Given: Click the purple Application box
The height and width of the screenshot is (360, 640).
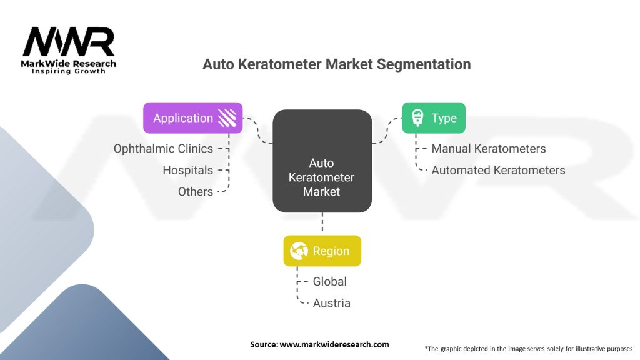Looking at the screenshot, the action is tap(192, 118).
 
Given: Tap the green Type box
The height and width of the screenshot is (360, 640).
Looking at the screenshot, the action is tap(434, 118).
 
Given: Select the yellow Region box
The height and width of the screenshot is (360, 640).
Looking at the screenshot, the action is tap(322, 251).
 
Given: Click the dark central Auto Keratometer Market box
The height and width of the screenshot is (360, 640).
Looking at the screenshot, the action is tap(322, 161).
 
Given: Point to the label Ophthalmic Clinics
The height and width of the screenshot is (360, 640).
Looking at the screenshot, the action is tap(163, 149).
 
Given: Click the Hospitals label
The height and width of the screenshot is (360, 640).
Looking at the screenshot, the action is tap(187, 170).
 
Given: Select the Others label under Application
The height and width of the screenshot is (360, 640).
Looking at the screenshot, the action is tap(196, 192).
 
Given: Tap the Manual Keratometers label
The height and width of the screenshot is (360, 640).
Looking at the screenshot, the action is tap(489, 149).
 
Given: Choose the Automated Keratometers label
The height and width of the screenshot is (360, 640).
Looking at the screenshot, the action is tap(498, 170).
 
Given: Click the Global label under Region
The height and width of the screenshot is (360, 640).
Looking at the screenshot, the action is tap(330, 282).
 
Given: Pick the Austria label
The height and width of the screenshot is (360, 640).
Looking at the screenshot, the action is tap(331, 303).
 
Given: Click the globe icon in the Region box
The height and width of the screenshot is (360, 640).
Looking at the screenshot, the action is tap(299, 251).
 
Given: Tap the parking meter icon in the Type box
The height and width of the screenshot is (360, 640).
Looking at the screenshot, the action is tap(417, 118).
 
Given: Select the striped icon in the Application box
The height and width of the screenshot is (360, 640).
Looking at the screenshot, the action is tap(227, 118).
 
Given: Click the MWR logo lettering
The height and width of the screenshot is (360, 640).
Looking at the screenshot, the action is tap(69, 42).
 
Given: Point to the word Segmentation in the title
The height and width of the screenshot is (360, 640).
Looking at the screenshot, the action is tap(424, 64).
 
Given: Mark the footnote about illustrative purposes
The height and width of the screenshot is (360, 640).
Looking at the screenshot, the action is tap(529, 349).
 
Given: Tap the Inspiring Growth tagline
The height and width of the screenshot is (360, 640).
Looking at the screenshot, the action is tap(69, 71).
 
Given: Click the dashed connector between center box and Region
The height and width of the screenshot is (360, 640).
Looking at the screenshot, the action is tap(322, 222).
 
